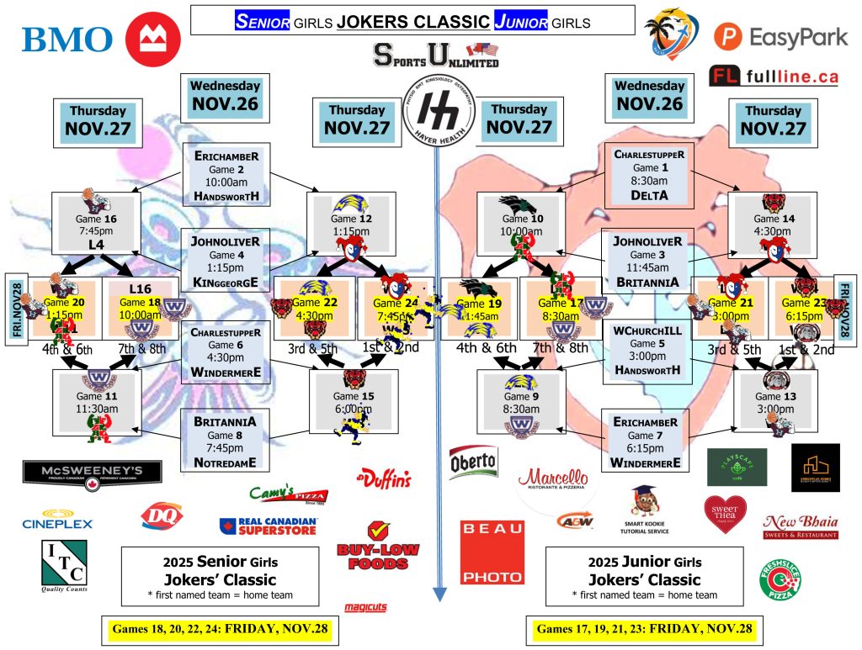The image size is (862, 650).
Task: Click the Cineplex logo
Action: [x=57, y=518]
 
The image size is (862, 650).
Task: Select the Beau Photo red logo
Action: [x=492, y=552]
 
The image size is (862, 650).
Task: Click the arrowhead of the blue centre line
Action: [x=439, y=595]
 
